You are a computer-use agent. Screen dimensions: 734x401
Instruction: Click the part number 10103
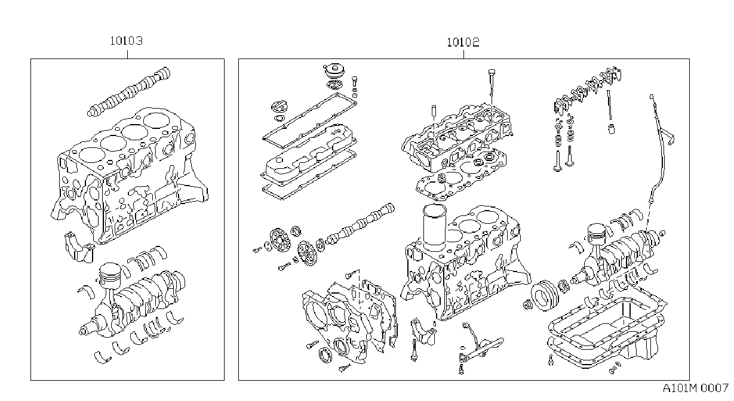(x=126, y=41)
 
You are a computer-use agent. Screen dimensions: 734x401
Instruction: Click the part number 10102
(x=463, y=42)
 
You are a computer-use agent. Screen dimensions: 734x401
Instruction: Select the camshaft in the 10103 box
(x=129, y=92)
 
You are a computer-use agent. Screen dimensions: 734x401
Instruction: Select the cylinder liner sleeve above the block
(x=435, y=227)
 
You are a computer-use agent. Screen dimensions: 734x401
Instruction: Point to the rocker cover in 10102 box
(x=309, y=152)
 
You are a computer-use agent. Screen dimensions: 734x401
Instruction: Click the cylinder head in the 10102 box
(x=457, y=137)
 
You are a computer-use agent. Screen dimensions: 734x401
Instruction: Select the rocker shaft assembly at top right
(x=588, y=90)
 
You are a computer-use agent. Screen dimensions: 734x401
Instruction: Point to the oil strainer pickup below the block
(x=480, y=347)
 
